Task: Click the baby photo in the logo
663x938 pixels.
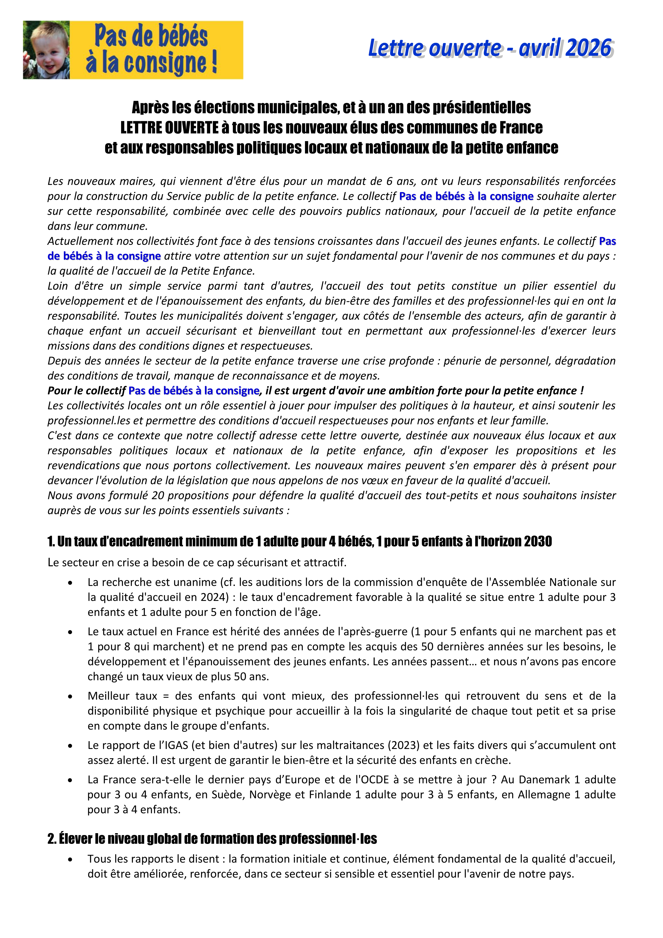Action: (x=46, y=50)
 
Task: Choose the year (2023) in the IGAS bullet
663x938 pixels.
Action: (x=398, y=745)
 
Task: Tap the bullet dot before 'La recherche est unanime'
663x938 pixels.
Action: (x=71, y=583)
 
